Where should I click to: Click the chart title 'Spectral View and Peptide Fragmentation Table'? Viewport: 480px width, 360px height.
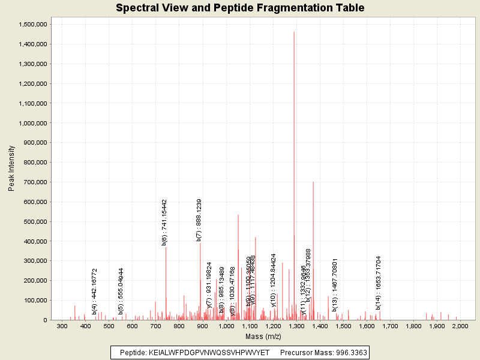click(x=240, y=8)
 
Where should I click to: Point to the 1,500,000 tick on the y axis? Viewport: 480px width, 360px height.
click(x=33, y=24)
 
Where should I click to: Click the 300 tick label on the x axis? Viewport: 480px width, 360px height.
click(x=62, y=326)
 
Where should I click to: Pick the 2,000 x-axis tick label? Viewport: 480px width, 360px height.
click(x=460, y=326)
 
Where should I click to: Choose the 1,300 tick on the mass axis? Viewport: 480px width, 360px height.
click(x=296, y=326)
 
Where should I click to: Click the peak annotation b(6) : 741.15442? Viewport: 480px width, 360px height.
click(x=164, y=223)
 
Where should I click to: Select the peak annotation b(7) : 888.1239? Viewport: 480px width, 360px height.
click(x=199, y=220)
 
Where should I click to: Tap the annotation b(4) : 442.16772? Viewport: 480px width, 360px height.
click(x=95, y=291)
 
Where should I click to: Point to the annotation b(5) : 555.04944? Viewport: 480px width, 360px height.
click(x=121, y=291)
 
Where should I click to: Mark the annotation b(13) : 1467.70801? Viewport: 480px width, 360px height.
click(x=335, y=285)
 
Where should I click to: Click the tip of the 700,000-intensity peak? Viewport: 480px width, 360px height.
click(x=313, y=182)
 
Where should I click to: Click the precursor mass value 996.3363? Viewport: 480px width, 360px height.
click(x=347, y=352)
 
